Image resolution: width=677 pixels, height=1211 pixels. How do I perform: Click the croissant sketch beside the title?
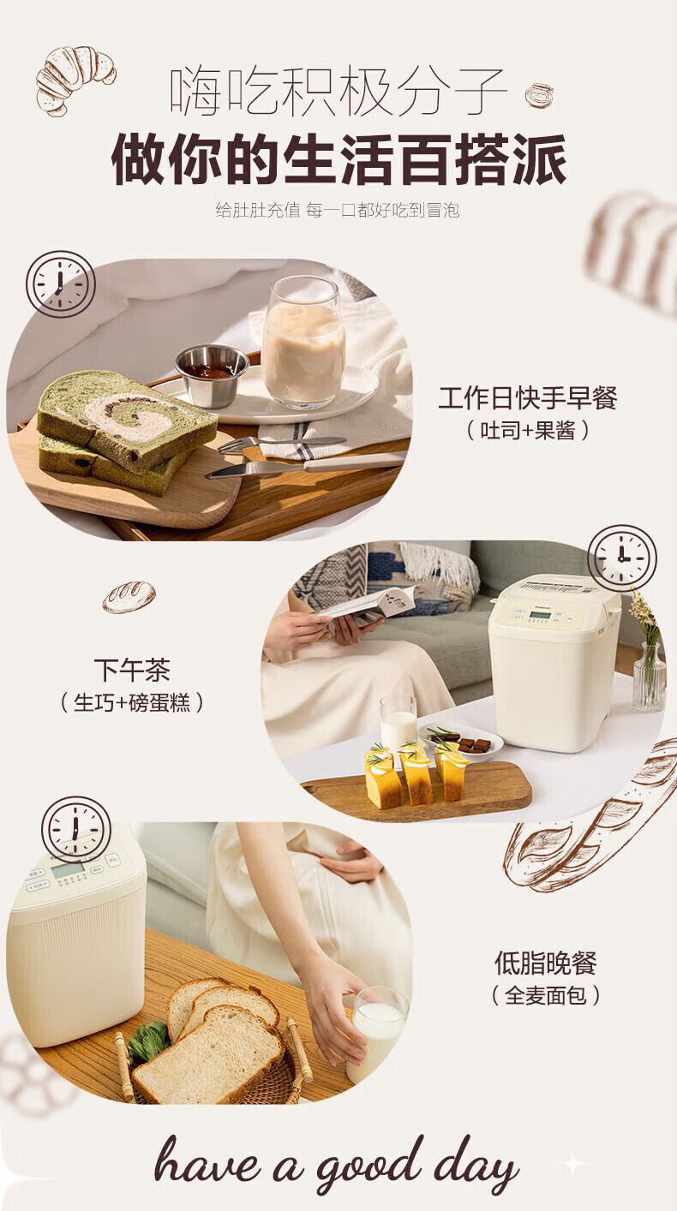pyautogui.click(x=75, y=80)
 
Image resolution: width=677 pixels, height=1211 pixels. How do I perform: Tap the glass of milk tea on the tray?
pyautogui.click(x=303, y=343)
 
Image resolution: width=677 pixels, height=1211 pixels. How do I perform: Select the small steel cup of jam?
pyautogui.click(x=213, y=375)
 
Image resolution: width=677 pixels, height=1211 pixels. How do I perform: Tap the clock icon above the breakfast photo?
pyautogui.click(x=61, y=283)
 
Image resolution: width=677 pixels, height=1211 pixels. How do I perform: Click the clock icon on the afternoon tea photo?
pyautogui.click(x=622, y=558)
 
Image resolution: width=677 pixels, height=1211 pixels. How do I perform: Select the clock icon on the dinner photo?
pyautogui.click(x=76, y=830)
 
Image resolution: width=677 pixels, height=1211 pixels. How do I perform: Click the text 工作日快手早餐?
pyautogui.click(x=528, y=398)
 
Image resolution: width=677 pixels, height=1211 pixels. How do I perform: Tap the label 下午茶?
pyautogui.click(x=132, y=671)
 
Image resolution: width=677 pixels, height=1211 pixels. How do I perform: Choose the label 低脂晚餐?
pyautogui.click(x=546, y=963)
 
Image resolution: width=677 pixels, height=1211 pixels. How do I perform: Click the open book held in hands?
pyautogui.click(x=368, y=605)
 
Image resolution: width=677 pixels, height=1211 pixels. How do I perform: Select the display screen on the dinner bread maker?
pyautogui.click(x=67, y=870)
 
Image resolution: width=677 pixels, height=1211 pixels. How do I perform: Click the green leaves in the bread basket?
pyautogui.click(x=147, y=1041)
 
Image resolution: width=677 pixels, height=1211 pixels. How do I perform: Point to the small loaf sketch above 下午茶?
pyautogui.click(x=129, y=597)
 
